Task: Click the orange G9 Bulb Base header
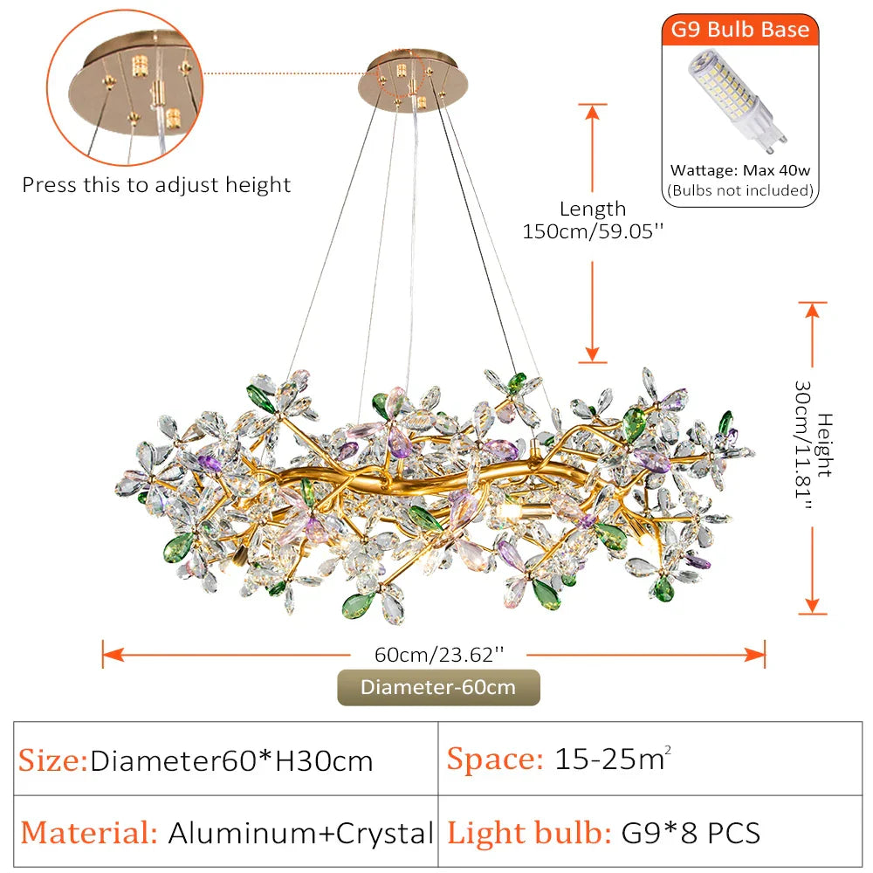739,30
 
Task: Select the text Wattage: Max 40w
739,171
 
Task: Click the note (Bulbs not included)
739,190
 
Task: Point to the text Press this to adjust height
156,185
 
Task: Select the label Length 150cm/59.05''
593,220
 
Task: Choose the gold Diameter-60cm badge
438,687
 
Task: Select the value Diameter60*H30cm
231,760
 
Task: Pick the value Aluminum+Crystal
300,832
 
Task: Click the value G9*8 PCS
690,832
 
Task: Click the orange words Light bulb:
529,832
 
